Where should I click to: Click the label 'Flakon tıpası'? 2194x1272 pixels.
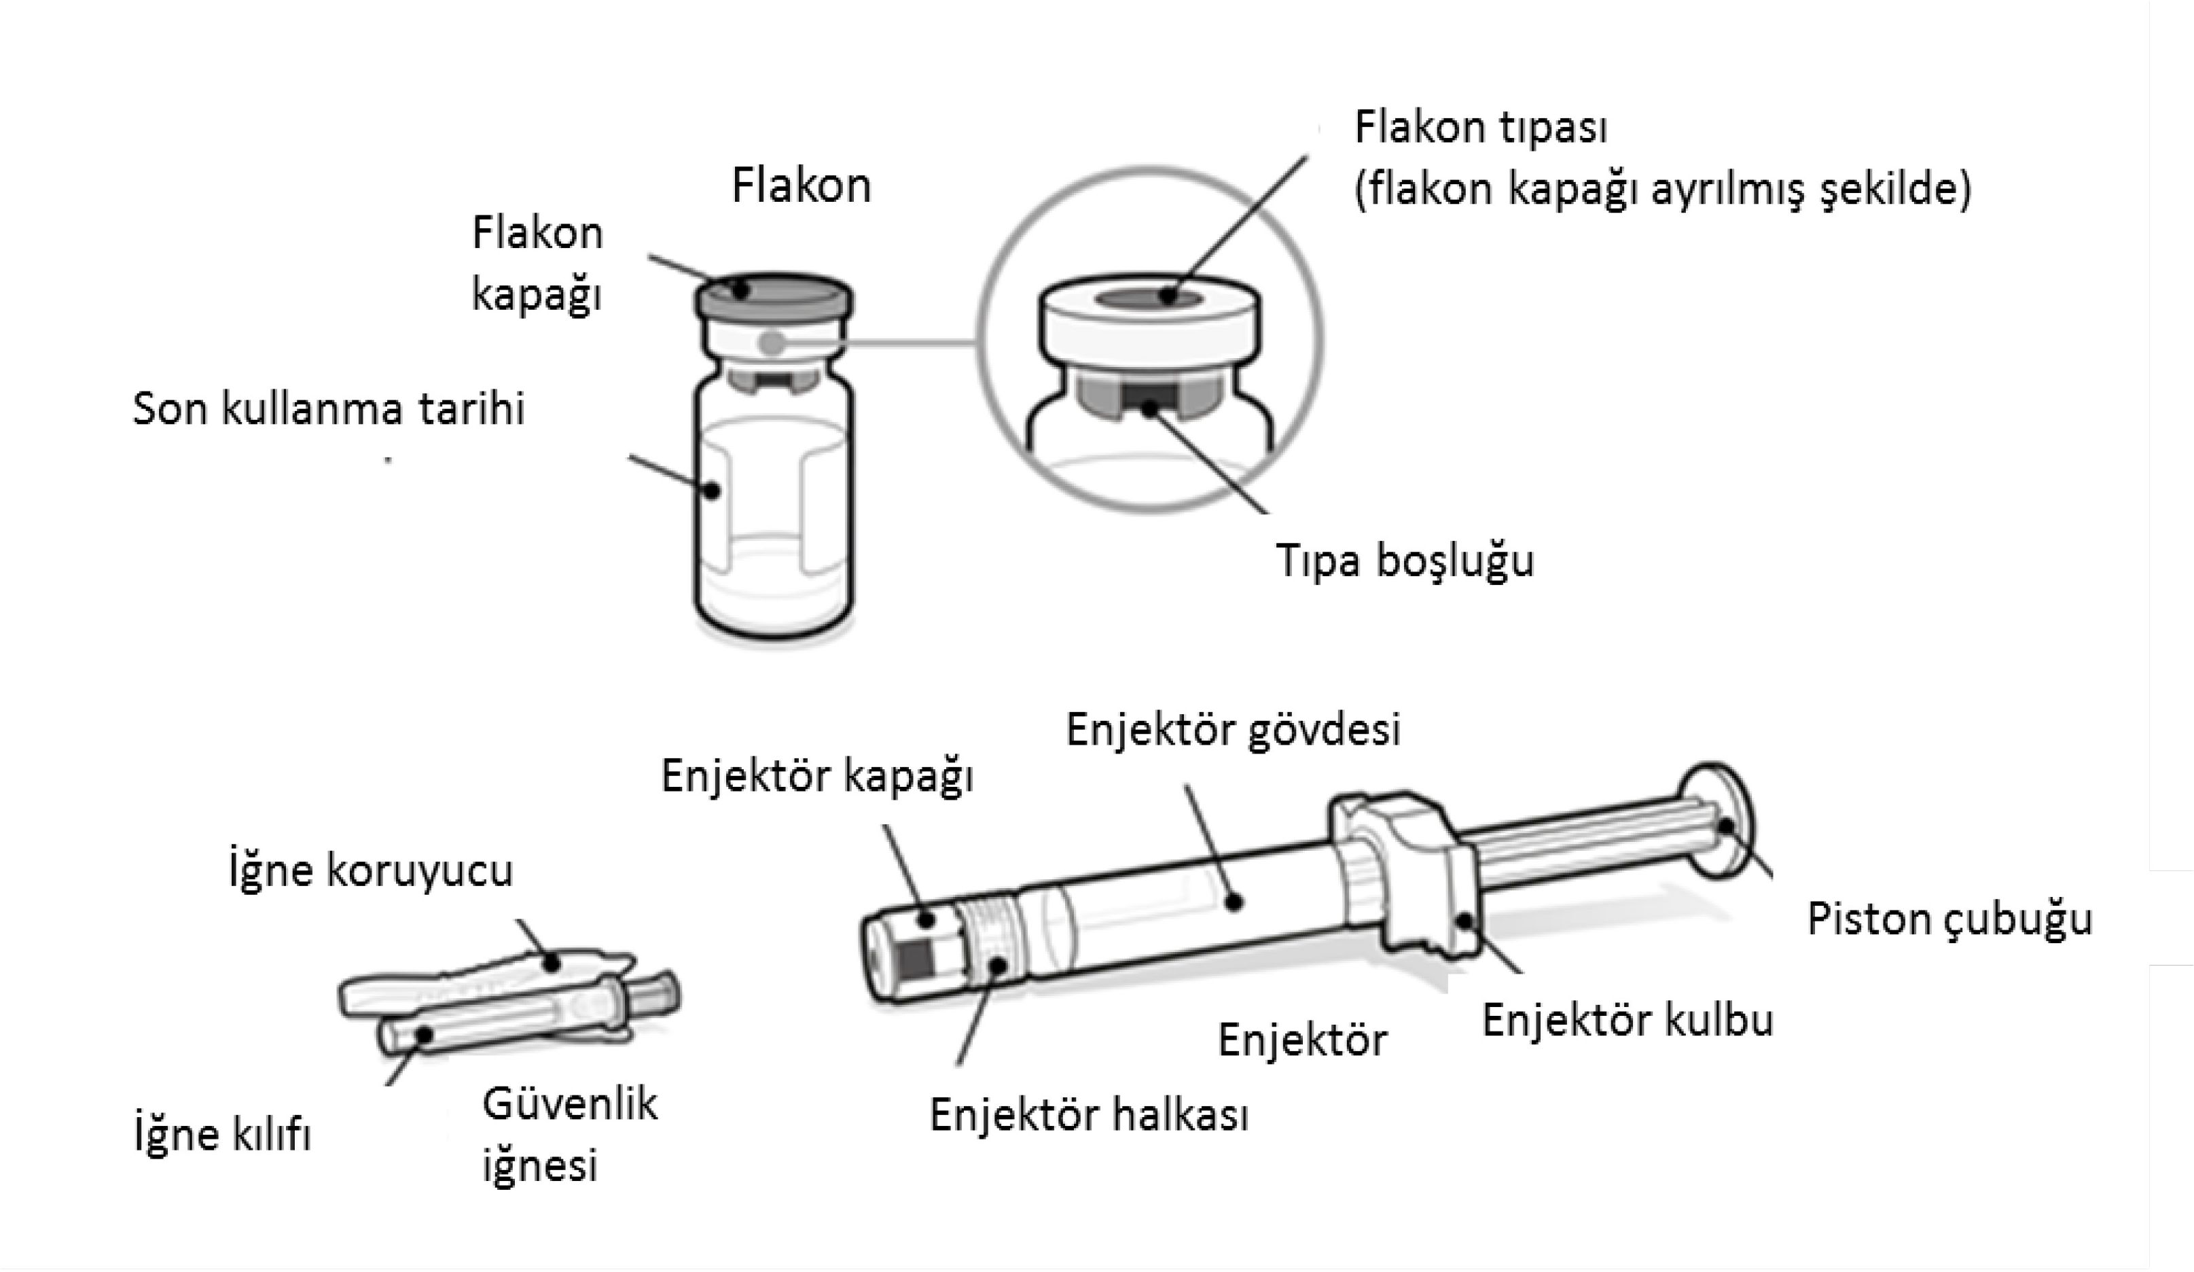(1481, 128)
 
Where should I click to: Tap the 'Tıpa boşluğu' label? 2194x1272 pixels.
(1404, 561)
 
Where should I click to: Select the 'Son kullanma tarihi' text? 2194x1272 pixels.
(328, 408)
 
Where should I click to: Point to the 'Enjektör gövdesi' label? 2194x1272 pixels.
(1234, 730)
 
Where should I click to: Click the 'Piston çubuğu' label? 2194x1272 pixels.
(1950, 920)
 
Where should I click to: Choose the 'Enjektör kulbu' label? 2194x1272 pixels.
(1628, 1019)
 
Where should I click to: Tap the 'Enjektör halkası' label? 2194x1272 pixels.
(1089, 1114)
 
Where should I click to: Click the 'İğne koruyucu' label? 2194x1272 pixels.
(371, 870)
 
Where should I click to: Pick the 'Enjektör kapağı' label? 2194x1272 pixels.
(816, 777)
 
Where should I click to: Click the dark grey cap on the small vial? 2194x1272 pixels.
(774, 296)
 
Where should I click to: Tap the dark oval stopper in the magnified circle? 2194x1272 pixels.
(1149, 298)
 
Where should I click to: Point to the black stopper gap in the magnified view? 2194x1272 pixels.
(1149, 398)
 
